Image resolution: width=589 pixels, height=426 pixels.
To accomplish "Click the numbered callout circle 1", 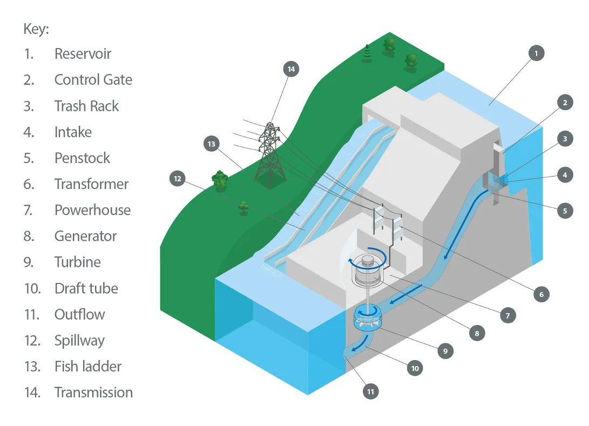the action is pos(536,53).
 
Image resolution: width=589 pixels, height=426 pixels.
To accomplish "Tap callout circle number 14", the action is pos(291,69).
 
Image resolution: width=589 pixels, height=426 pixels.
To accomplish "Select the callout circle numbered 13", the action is pos(212,144).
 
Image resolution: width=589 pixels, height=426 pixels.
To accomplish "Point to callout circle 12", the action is pos(178,179).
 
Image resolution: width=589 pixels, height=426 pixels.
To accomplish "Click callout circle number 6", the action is pos(541,294).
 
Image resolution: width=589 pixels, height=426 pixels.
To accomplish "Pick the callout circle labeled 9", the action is pos(445,351).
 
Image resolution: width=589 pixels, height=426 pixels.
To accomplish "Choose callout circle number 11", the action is pos(371,391).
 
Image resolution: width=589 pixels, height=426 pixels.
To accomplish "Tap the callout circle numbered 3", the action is pos(565,139).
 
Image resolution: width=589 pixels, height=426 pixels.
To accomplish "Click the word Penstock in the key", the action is pos(82,158).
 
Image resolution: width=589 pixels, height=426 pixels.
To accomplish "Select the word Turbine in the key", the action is pos(78,262).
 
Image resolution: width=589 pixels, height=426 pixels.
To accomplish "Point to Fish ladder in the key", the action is pos(88,366).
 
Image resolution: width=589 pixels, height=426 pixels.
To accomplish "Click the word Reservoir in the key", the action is pos(83,53).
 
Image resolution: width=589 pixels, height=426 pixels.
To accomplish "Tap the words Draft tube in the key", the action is pos(86,288).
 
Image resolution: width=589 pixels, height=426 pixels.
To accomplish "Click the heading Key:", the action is pos(36,29).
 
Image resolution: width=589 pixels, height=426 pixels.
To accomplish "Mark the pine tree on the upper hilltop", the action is pos(367,53).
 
